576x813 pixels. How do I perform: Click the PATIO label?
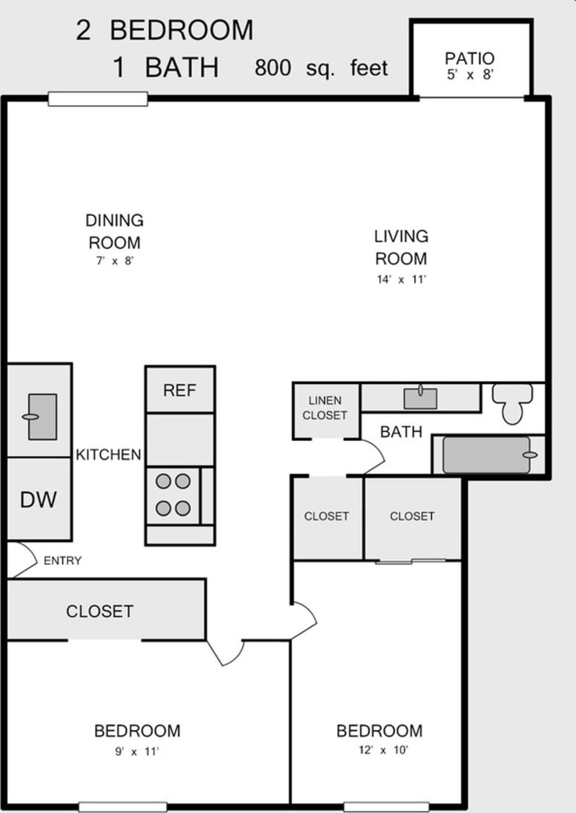click(470, 59)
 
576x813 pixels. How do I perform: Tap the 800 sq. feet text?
click(321, 67)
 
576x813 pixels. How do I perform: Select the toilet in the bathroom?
click(512, 404)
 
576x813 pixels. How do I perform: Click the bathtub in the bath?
click(487, 455)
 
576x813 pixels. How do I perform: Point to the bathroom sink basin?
click(420, 398)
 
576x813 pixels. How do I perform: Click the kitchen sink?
click(42, 416)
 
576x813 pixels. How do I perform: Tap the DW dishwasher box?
click(39, 499)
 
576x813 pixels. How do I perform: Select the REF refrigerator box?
click(179, 389)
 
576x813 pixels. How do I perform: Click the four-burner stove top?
click(173, 495)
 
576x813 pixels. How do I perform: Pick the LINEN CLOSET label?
click(324, 408)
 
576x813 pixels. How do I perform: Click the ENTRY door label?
click(62, 560)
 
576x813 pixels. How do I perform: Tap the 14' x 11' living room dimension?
click(400, 280)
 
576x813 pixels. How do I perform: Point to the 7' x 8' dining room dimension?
click(113, 262)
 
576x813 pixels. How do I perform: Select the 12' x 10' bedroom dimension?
click(380, 749)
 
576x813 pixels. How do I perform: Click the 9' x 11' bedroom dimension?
click(137, 751)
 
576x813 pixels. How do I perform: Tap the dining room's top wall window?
click(98, 99)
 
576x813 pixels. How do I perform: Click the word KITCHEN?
click(108, 455)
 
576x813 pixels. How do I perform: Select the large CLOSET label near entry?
click(100, 611)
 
